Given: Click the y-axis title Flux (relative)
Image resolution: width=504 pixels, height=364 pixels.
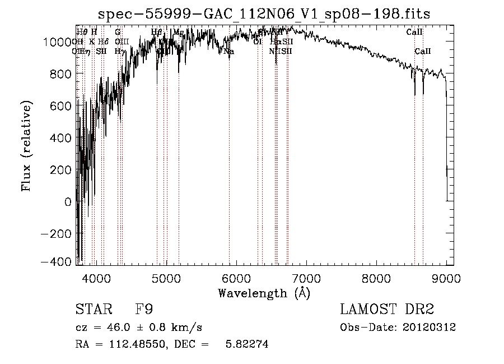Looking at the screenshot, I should [27, 146].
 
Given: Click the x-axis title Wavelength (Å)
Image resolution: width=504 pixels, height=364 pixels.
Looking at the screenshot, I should [264, 293].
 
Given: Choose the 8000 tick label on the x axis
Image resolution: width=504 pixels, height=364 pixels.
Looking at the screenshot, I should [376, 277].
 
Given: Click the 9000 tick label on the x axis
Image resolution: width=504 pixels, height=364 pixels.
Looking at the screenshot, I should [446, 277].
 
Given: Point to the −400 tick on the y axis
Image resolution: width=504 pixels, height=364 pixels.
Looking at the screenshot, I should [57, 261].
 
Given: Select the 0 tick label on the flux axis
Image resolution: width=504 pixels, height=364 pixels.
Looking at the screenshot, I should [68, 202].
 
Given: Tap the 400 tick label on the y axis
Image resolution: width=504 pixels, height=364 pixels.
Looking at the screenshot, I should [60, 138].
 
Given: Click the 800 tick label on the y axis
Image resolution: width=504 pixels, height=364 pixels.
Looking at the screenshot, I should [60, 74].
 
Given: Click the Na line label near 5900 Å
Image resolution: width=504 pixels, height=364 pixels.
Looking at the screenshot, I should [229, 52].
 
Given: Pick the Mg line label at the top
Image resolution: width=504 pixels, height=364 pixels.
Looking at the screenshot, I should [178, 32].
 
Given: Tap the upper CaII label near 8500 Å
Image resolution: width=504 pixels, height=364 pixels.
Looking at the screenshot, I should [414, 32].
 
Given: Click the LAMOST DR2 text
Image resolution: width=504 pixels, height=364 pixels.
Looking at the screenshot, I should [387, 310].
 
